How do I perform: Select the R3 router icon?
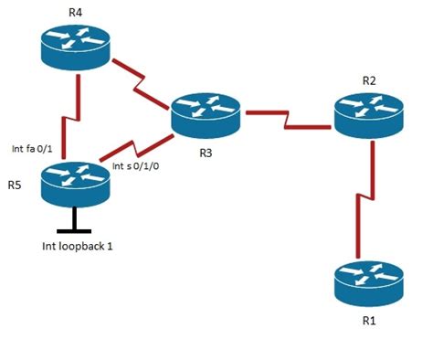206,112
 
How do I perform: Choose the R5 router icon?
75,181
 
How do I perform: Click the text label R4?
75,13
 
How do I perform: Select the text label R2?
369,80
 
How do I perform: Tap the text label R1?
368,321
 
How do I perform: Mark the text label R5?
15,185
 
